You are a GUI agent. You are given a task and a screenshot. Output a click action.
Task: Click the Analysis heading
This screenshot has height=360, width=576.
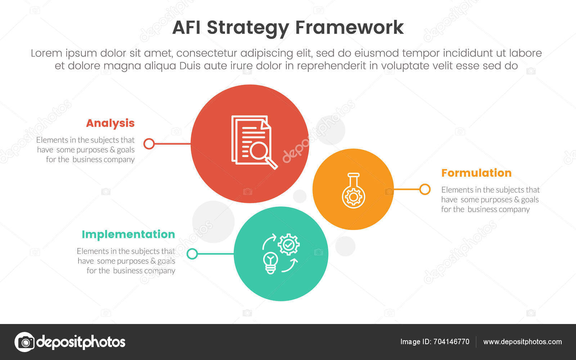pyautogui.click(x=110, y=123)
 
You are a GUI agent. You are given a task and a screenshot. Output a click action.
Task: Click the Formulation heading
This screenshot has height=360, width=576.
pyautogui.click(x=476, y=173)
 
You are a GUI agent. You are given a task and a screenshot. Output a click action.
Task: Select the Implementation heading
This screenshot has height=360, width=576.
pyautogui.click(x=128, y=234)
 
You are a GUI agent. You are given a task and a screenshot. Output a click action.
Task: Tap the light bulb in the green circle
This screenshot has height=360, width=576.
pyautogui.click(x=270, y=262)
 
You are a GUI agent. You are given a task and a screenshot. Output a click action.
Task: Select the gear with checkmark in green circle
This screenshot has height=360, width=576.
pyautogui.click(x=289, y=244)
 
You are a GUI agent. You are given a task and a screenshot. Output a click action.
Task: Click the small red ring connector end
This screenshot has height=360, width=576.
pyautogui.click(x=149, y=144)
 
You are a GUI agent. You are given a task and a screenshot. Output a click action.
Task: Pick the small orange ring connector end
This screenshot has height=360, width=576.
pyautogui.click(x=425, y=189)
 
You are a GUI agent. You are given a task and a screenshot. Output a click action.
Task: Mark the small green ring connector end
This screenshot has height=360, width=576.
pyautogui.click(x=192, y=254)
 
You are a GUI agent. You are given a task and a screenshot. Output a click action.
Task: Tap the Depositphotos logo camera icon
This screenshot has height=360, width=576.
pyautogui.click(x=24, y=342)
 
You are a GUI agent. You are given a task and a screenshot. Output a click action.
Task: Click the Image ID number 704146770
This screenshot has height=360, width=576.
pyautogui.click(x=451, y=342)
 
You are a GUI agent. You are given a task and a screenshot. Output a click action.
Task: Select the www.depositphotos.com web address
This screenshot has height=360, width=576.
pyautogui.click(x=522, y=342)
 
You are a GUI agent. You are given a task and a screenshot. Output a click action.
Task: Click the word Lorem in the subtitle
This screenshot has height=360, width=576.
pyautogui.click(x=46, y=53)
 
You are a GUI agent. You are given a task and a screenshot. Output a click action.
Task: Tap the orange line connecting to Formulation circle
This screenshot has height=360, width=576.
pyautogui.click(x=407, y=189)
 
